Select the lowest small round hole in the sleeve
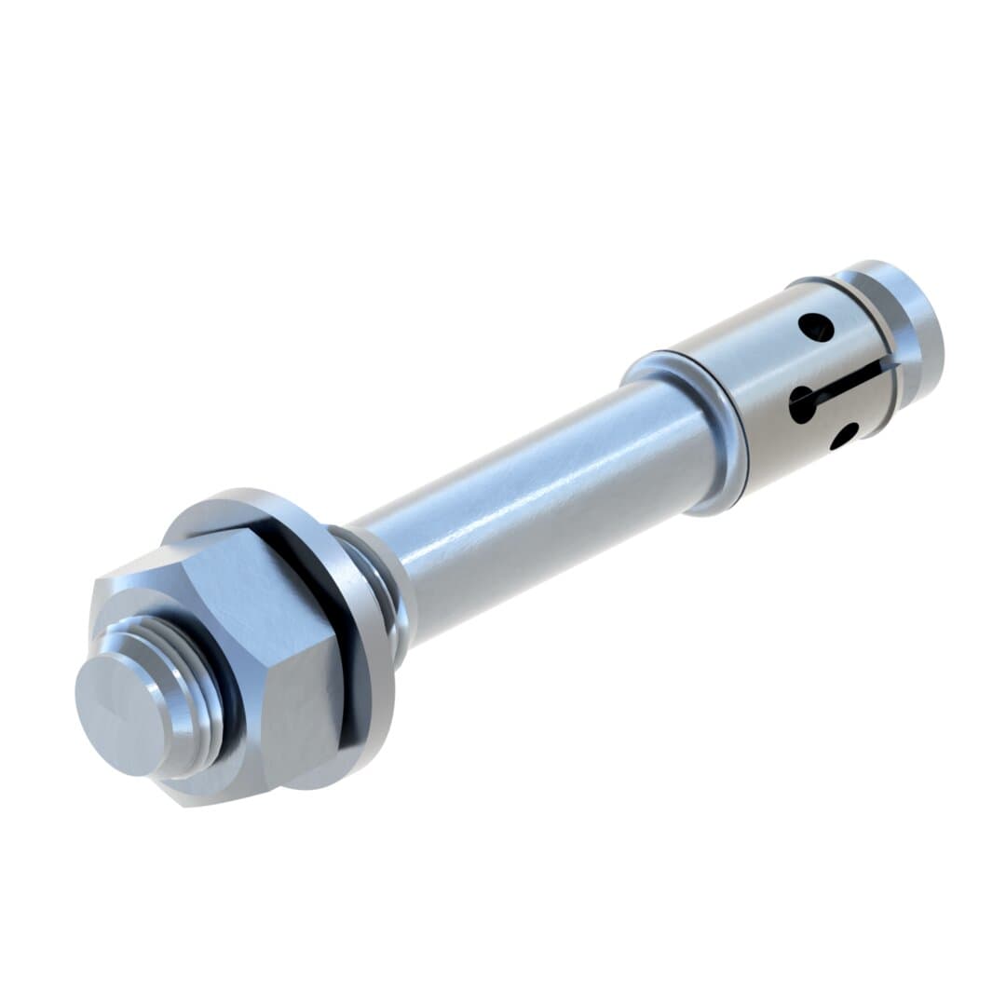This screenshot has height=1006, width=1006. (x=844, y=435)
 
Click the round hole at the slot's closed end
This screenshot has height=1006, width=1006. (x=802, y=404)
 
